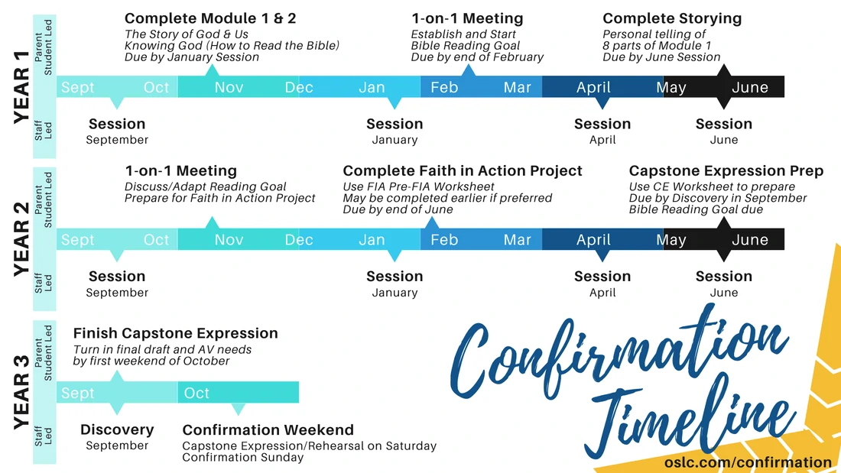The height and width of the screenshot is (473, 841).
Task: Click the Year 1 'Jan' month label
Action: pyautogui.click(x=372, y=87)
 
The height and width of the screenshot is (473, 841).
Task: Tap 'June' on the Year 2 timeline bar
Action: pyautogui.click(x=750, y=240)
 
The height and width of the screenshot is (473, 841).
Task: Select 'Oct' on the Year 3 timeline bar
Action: pyautogui.click(x=196, y=393)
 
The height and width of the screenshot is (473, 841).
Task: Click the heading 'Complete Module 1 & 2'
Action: pyautogui.click(x=210, y=18)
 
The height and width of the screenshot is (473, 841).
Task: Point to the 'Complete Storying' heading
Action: pyautogui.click(x=672, y=18)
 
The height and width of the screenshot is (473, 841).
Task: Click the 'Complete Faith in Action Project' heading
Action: pyautogui.click(x=463, y=170)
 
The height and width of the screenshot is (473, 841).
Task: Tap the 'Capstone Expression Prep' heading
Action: pyautogui.click(x=726, y=170)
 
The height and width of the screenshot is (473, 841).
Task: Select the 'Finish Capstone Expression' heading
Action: pyautogui.click(x=175, y=333)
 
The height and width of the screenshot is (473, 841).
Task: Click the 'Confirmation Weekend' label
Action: pyautogui.click(x=268, y=429)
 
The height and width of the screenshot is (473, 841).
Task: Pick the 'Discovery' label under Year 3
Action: pyautogui.click(x=117, y=429)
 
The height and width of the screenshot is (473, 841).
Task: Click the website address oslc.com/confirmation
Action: pyautogui.click(x=748, y=462)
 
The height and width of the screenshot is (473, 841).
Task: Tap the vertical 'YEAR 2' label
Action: pyautogui.click(x=21, y=239)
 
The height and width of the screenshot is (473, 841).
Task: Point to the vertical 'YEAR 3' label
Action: pyautogui.click(x=21, y=392)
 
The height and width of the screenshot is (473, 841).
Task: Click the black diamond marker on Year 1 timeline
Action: pyautogui.click(x=724, y=86)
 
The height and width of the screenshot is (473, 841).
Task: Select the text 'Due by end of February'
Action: pyautogui.click(x=477, y=57)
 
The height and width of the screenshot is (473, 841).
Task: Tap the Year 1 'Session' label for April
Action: pyautogui.click(x=602, y=124)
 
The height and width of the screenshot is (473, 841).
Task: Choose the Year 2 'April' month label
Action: pyautogui.click(x=593, y=240)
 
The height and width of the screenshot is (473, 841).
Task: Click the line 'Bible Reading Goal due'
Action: pyautogui.click(x=697, y=209)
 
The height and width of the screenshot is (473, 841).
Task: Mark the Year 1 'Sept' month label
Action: pyautogui.click(x=78, y=87)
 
